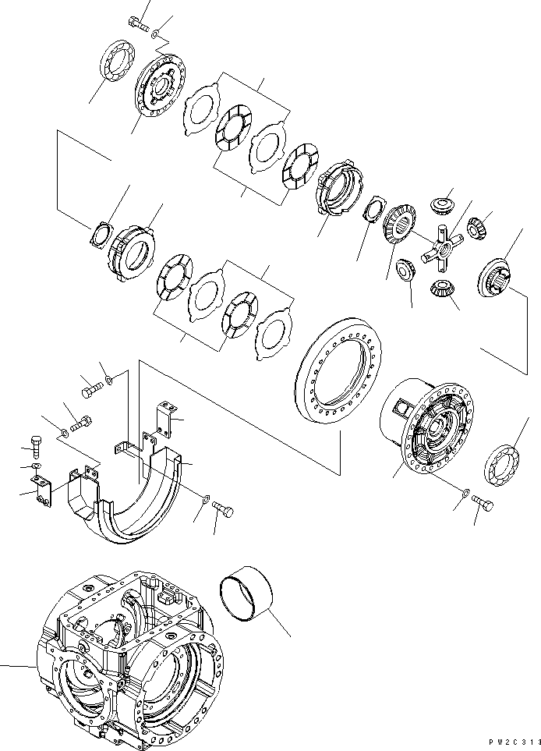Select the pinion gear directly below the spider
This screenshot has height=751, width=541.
[x=442, y=291]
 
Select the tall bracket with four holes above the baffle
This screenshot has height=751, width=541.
[x=165, y=418]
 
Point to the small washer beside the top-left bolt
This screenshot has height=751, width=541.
[x=157, y=34]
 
